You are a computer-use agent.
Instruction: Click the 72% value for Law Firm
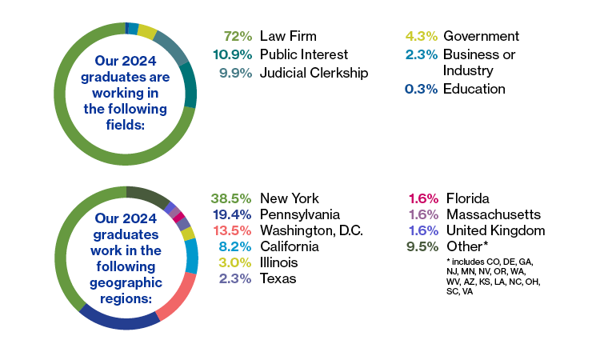238,36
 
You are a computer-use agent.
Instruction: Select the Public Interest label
304,54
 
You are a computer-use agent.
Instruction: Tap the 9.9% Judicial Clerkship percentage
235,73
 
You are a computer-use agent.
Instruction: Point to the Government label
481,36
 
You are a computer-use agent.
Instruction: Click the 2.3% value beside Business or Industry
421,54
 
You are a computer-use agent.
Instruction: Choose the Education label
474,89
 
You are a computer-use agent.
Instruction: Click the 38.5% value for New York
231,198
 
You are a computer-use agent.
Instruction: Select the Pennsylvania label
300,214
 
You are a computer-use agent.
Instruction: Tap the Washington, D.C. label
311,230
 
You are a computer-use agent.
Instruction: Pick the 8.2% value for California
235,246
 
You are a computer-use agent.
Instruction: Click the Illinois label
279,262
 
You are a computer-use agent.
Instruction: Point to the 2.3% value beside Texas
235,278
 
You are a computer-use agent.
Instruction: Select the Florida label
468,198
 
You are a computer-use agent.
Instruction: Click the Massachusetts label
494,214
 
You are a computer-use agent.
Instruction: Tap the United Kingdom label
496,230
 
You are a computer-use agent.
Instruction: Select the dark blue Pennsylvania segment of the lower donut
120,322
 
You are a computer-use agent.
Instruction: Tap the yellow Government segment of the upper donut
147,31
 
